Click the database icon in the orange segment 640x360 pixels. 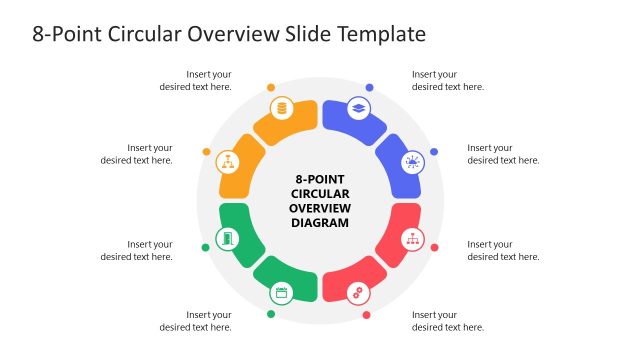[x=281, y=108]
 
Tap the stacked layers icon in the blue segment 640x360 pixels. [x=357, y=108]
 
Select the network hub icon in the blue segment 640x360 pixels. [x=411, y=162]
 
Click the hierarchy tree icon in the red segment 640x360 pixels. [x=411, y=239]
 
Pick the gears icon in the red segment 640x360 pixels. [x=357, y=293]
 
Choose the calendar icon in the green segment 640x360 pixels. [x=281, y=293]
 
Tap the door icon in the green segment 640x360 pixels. [x=228, y=239]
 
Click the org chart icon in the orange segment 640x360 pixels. [x=228, y=162]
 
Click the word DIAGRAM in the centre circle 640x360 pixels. [x=319, y=222]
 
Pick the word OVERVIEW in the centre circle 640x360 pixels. [x=319, y=208]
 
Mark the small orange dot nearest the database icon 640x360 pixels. [x=271, y=87]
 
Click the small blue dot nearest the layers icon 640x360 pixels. [x=369, y=87]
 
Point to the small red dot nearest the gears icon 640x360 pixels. [x=367, y=315]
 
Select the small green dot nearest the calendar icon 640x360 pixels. [x=271, y=315]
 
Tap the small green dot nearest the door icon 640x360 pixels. [x=206, y=248]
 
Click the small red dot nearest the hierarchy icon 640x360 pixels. [x=433, y=247]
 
